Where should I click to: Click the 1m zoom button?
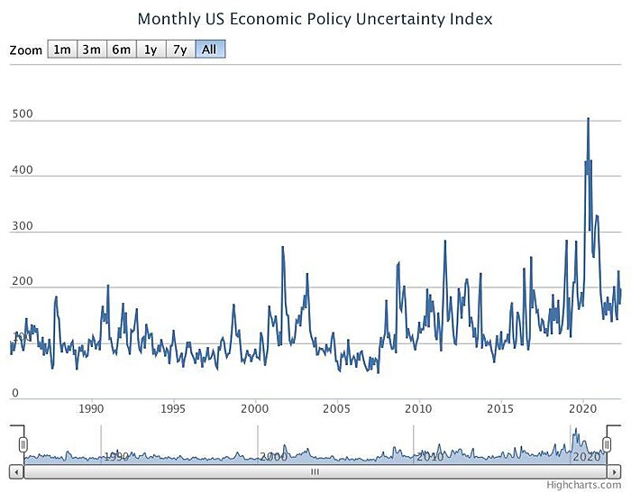[62, 50]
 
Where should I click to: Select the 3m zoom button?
[91, 50]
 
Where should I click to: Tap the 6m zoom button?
[121, 50]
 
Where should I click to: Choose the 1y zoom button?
[150, 50]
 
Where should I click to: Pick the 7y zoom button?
[179, 50]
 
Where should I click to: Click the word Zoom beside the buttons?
[25, 50]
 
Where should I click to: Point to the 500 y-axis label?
[23, 114]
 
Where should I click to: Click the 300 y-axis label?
[23, 226]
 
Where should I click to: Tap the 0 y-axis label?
[16, 393]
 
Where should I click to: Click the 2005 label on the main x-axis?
[337, 408]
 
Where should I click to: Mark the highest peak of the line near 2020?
[589, 118]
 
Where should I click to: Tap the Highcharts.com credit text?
[596, 485]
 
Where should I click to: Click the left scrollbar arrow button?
[15, 471]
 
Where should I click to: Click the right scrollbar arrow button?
[616, 471]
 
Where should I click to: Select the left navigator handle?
[23, 444]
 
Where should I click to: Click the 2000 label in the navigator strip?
[273, 457]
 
